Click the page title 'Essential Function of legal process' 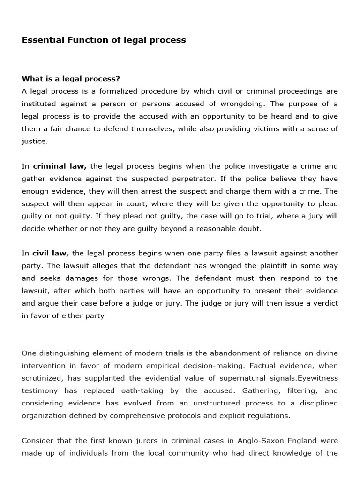(104, 40)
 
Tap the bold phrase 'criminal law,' (60, 166)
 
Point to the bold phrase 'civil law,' (51, 253)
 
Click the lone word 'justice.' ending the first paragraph (35, 141)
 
